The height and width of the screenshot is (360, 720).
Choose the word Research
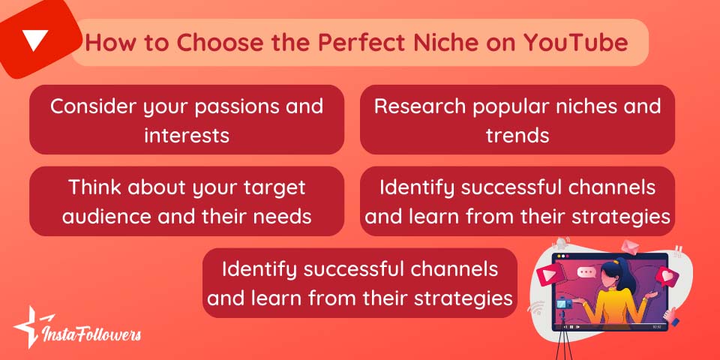[421, 106]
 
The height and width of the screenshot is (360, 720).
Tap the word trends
[517, 135]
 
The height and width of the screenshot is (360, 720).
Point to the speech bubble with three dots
[587, 271]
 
